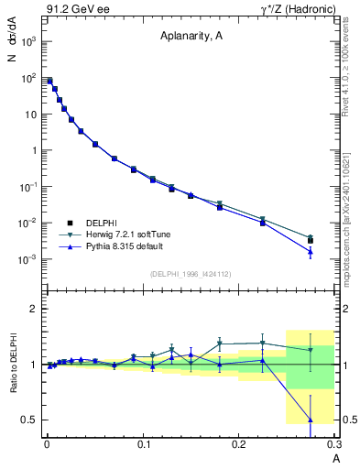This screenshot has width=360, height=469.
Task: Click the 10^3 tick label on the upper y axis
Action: [x=30, y=43]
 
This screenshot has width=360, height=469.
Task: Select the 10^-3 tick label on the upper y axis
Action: [x=30, y=259]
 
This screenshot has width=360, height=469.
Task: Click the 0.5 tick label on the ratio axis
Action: [x=30, y=420]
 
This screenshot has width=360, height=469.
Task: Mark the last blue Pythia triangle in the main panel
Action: [x=310, y=252]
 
